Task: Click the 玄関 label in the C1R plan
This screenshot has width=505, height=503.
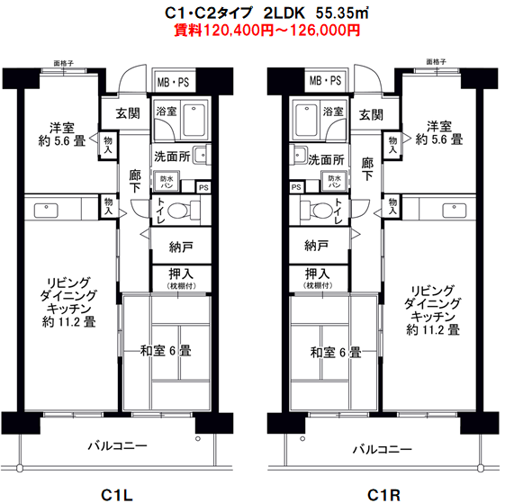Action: point(370,114)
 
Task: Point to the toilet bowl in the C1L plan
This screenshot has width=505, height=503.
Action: point(177,212)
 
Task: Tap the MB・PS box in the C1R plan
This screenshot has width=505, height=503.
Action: point(325,81)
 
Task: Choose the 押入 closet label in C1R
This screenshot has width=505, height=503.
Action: point(317,274)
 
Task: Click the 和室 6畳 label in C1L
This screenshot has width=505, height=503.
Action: point(166,351)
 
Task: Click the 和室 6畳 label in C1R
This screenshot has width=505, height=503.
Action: point(336,351)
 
